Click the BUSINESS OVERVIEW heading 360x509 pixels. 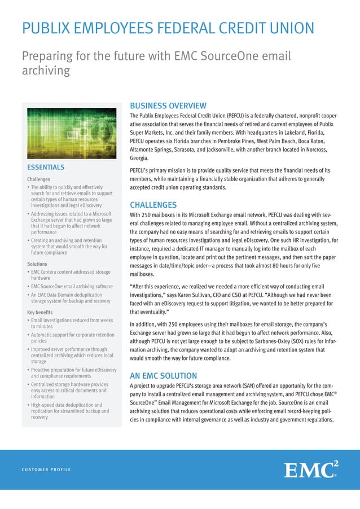(168, 106)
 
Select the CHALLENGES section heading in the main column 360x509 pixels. (153, 205)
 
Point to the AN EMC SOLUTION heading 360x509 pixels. (163, 375)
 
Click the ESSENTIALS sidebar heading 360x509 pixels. (46, 167)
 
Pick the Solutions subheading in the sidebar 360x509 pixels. (37, 264)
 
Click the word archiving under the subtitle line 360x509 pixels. (46, 71)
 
